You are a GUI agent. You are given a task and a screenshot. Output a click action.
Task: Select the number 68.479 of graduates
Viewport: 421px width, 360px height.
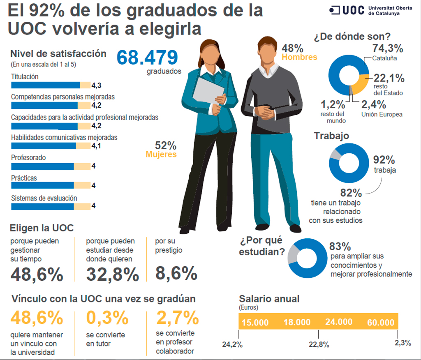click(148, 58)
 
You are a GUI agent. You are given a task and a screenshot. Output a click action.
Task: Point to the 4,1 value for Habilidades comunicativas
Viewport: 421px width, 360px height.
click(96, 146)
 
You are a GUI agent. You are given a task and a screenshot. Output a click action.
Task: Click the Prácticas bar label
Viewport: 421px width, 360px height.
click(24, 178)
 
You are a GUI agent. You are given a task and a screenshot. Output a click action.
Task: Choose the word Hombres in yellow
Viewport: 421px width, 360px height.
click(299, 57)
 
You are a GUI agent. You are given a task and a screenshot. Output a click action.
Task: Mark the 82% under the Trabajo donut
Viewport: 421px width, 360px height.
click(351, 192)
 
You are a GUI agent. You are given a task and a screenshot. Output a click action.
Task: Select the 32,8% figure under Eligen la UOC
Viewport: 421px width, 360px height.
click(112, 274)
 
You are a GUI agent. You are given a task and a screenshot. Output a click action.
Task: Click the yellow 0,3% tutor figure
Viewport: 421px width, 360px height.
click(108, 318)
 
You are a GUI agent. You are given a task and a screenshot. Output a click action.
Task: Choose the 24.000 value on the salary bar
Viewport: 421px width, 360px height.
click(338, 322)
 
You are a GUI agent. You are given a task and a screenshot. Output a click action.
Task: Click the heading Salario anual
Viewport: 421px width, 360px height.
click(269, 299)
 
